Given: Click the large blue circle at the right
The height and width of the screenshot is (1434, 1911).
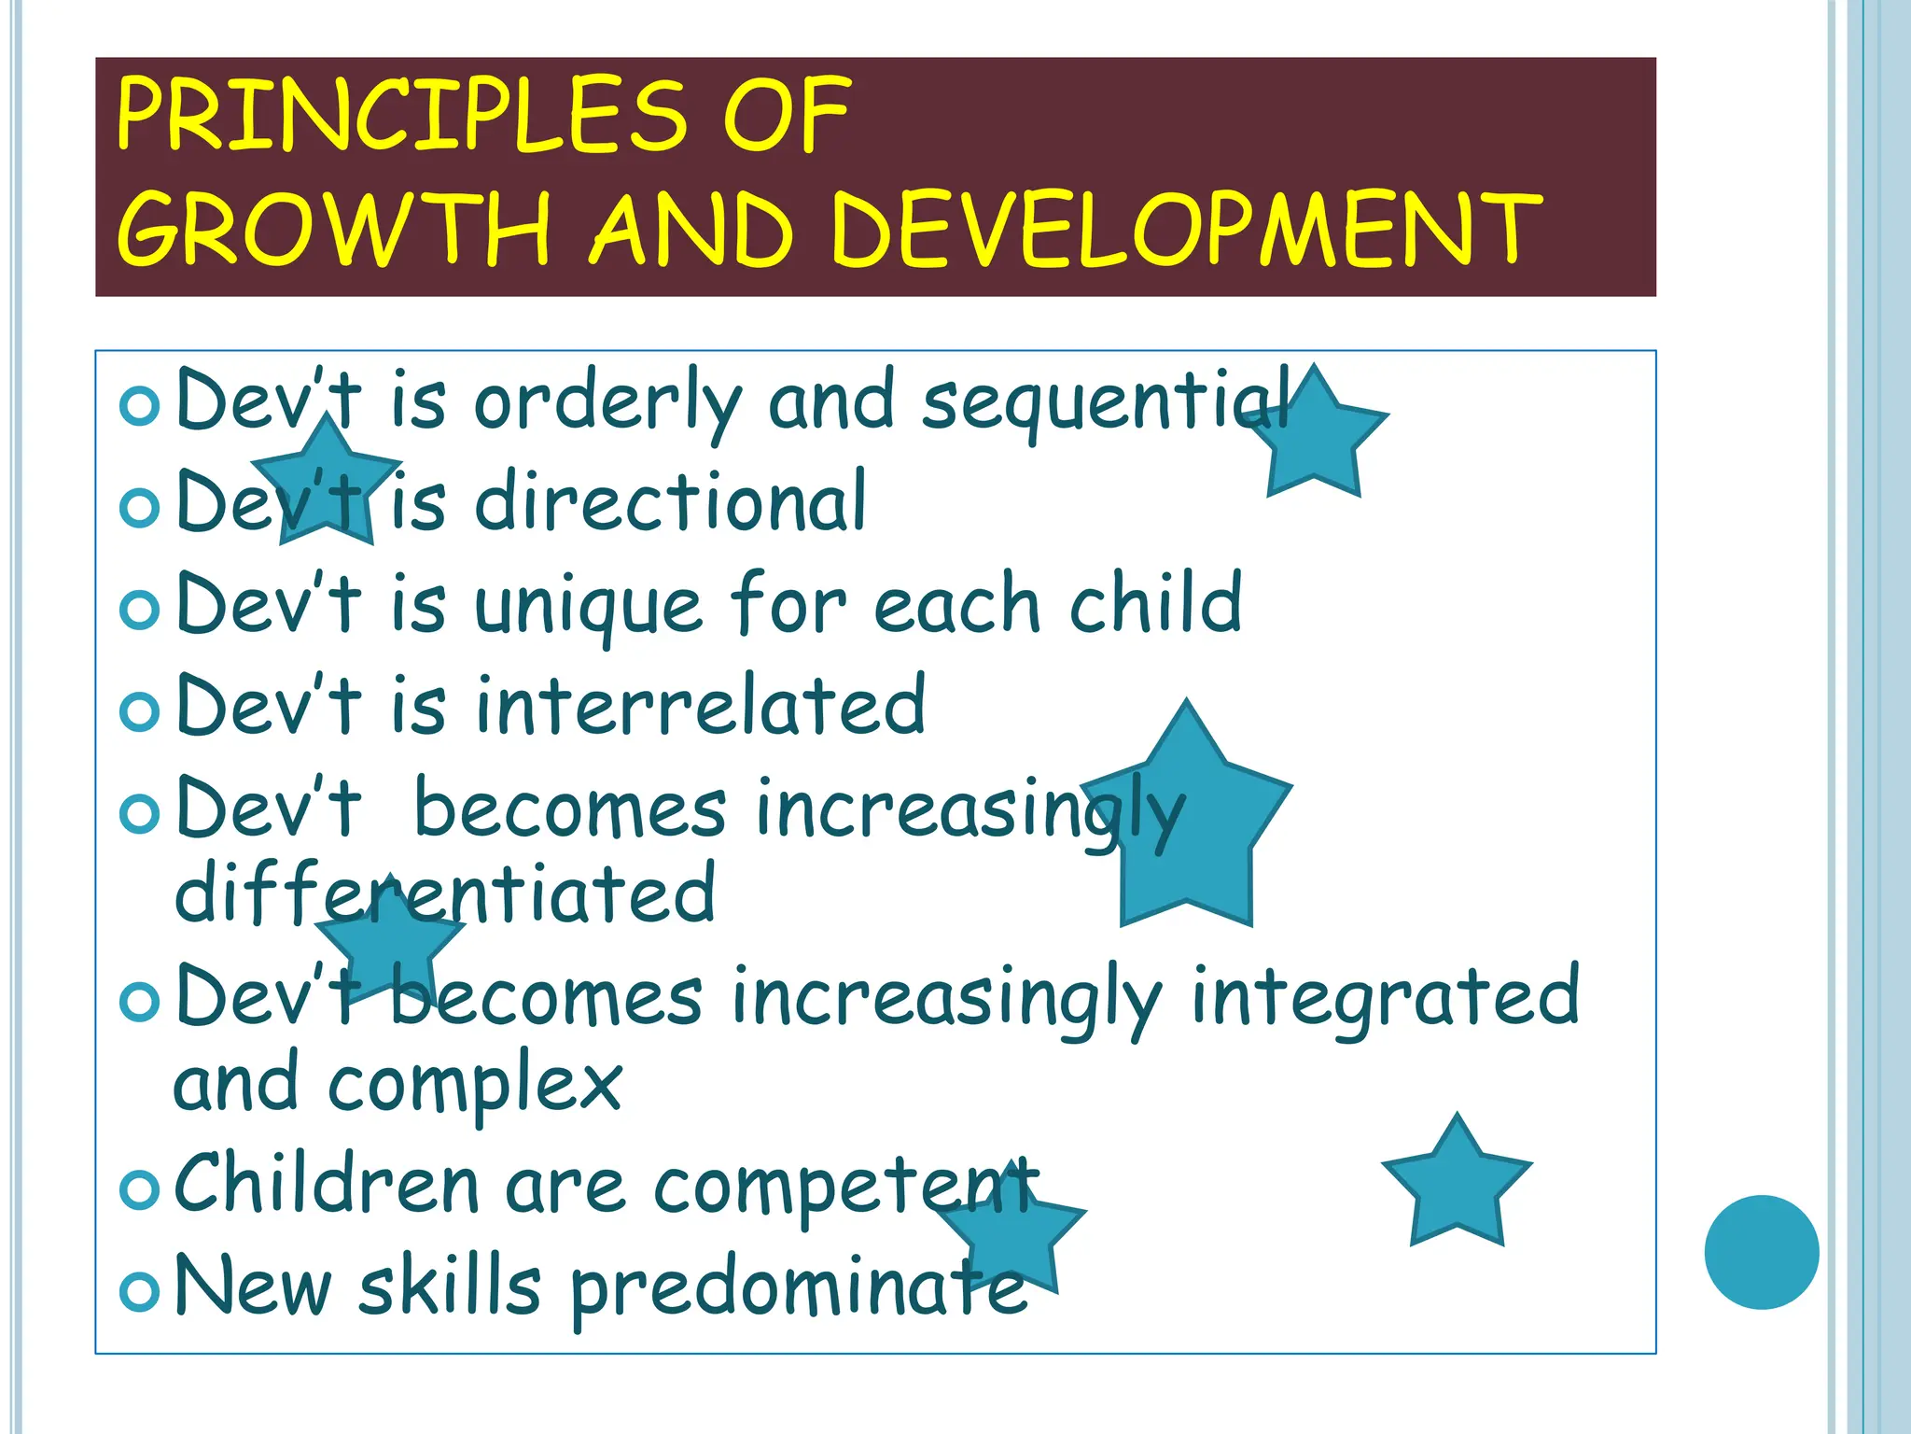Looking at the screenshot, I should [1761, 1252].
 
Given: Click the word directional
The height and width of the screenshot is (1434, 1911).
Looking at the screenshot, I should [671, 502].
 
